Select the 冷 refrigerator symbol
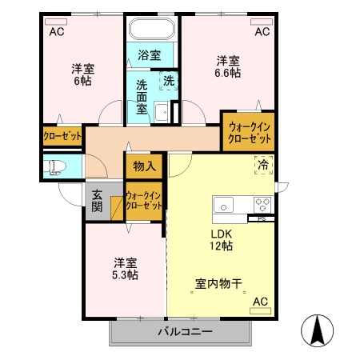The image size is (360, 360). [263, 166]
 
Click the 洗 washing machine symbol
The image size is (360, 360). [169, 81]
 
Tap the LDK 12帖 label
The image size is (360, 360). [222, 240]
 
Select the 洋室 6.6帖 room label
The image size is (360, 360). [228, 66]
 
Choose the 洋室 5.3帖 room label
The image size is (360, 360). [125, 269]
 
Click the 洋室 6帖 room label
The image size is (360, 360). [83, 74]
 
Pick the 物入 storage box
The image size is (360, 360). [144, 166]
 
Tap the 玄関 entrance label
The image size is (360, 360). [96, 200]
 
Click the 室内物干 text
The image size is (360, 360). [219, 284]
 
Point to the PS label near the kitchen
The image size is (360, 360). [262, 218]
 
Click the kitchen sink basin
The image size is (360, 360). [223, 203]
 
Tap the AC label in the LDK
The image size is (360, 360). [260, 302]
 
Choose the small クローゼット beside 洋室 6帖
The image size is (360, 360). [63, 137]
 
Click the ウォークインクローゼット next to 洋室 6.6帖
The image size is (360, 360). [248, 131]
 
